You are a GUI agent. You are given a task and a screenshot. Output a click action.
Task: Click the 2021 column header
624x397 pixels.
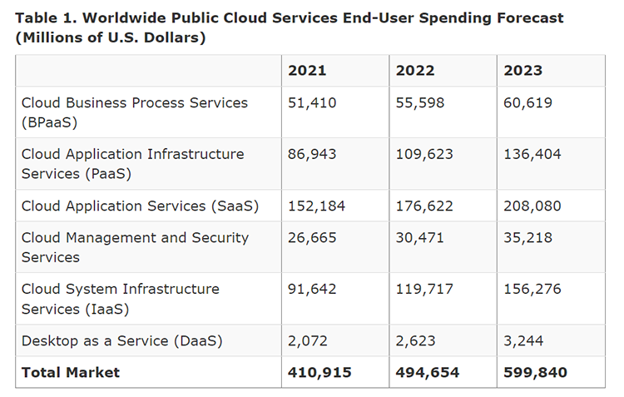point(307,70)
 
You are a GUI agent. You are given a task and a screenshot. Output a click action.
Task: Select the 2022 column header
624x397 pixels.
point(415,70)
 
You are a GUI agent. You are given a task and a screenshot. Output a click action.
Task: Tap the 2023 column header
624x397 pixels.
point(522,70)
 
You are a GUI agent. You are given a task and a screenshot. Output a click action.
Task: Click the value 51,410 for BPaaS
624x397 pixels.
point(311,103)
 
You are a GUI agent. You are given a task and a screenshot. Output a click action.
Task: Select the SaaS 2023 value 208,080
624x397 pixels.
point(532,206)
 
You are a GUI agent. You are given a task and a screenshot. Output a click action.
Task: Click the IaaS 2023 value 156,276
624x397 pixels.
point(532,290)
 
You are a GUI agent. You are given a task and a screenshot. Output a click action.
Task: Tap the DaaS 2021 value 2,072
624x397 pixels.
point(308,340)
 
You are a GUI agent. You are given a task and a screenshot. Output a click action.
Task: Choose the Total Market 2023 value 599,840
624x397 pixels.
point(535,372)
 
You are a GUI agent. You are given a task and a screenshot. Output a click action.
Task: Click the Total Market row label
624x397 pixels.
point(71,372)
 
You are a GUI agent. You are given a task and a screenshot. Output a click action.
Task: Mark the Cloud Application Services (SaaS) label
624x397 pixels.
point(140,206)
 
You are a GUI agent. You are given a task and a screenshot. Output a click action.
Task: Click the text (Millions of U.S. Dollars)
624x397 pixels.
point(111,37)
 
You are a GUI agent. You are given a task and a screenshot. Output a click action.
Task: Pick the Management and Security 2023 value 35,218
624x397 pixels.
point(527,238)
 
